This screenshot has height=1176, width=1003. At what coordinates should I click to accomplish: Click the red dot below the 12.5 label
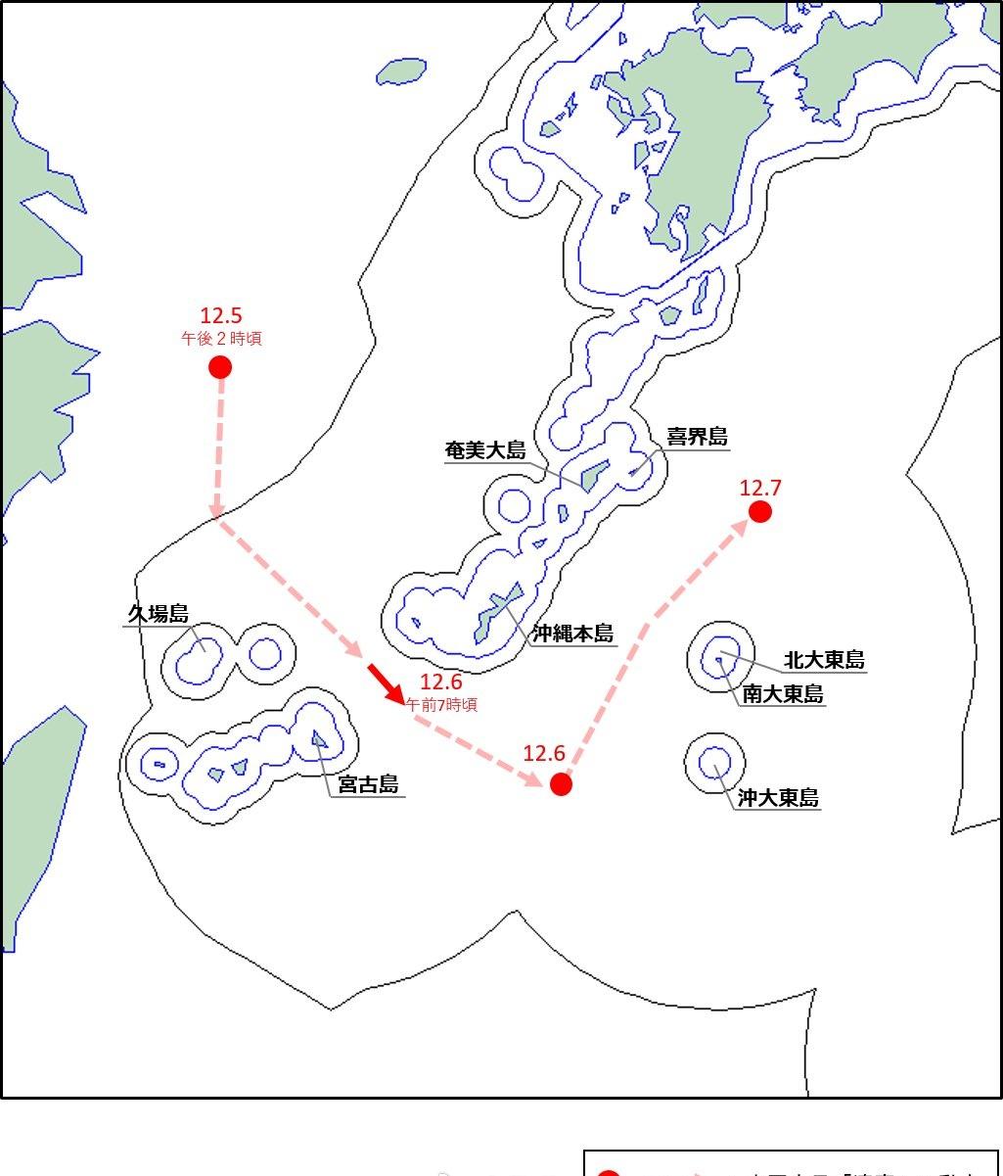[220, 367]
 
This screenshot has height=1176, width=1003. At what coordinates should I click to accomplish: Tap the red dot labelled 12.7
[760, 511]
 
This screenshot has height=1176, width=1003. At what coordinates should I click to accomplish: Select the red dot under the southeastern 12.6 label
[561, 783]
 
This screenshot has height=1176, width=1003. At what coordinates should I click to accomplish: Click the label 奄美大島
[485, 450]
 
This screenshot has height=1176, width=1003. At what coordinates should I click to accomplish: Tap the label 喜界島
[698, 437]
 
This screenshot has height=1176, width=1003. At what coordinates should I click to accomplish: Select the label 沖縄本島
[573, 634]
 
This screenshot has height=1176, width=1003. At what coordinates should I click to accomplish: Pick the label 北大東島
[824, 660]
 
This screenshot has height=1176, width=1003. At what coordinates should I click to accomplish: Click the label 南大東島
[783, 694]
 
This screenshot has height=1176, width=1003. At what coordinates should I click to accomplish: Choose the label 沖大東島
[778, 798]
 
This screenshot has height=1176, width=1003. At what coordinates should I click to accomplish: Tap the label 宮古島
[368, 784]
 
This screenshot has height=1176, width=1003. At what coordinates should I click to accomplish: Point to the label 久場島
[158, 614]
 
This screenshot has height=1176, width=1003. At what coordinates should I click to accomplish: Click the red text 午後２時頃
[221, 339]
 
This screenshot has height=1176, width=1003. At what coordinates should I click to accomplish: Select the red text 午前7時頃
[441, 704]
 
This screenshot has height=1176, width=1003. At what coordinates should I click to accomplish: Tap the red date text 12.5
[220, 315]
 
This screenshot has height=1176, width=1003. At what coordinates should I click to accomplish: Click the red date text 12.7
[760, 488]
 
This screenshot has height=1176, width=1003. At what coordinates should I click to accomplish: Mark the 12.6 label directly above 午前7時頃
[440, 683]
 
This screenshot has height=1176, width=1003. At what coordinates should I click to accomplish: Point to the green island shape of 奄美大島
[594, 475]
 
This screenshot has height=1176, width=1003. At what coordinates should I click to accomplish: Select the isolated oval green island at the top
[401, 71]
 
